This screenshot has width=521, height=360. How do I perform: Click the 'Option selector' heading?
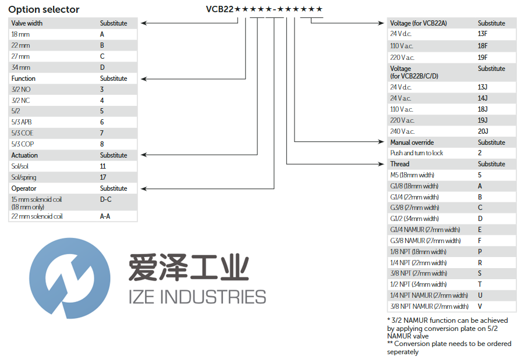[x=44, y=10]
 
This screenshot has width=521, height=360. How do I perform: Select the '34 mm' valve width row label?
[x=22, y=67]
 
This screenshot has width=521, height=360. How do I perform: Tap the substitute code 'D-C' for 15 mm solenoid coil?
[x=105, y=199]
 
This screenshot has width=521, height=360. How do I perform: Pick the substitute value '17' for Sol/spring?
[x=103, y=177]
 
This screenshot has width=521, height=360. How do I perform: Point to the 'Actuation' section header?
[x=24, y=155]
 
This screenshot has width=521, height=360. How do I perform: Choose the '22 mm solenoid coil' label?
[x=37, y=216]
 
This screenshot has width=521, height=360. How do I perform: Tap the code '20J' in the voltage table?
[x=483, y=131]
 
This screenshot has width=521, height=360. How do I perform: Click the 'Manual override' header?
[x=412, y=142]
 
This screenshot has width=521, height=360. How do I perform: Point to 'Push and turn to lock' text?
[x=416, y=153]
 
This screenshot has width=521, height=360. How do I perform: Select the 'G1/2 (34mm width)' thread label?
[x=414, y=219]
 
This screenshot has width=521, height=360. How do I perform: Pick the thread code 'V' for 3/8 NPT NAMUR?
[x=480, y=306]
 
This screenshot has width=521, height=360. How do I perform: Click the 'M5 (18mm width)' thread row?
[x=412, y=175]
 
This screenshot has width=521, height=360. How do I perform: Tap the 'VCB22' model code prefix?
[x=219, y=9]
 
